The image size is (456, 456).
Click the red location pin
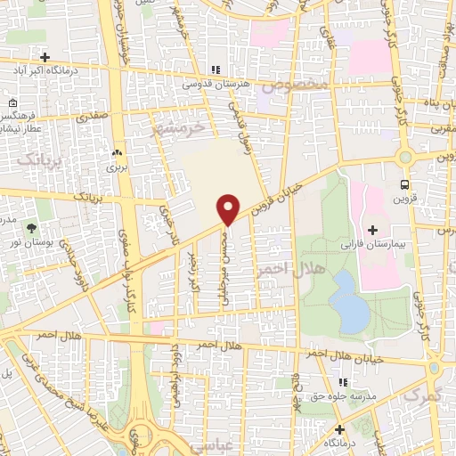click(229, 208)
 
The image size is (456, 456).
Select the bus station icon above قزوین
click(405, 185)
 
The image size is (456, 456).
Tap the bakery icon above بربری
click(117, 151)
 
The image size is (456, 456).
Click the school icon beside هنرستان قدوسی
click(215, 69)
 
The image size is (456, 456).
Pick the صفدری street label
click(93, 117)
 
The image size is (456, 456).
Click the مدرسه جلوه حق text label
click(341, 396)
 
